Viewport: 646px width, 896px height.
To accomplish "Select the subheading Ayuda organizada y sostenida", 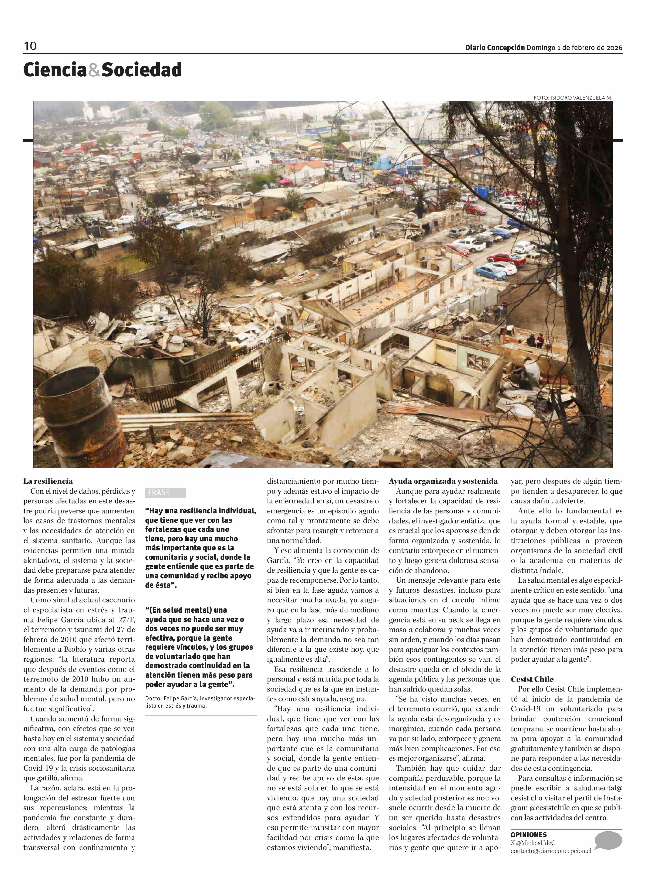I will click(443, 481).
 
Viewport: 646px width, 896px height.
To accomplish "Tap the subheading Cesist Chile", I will click(532, 679).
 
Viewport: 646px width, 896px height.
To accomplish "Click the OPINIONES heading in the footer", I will click(528, 835).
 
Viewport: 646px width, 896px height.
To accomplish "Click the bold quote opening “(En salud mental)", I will click(186, 610).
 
